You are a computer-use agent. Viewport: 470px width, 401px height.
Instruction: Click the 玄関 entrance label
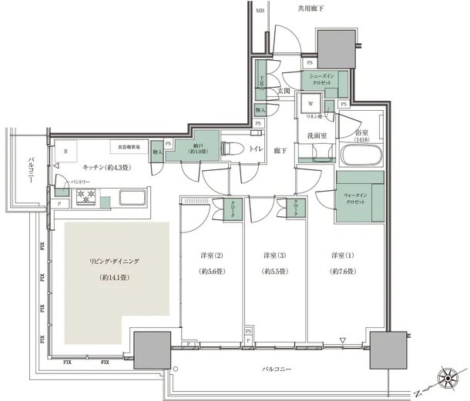(284, 91)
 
